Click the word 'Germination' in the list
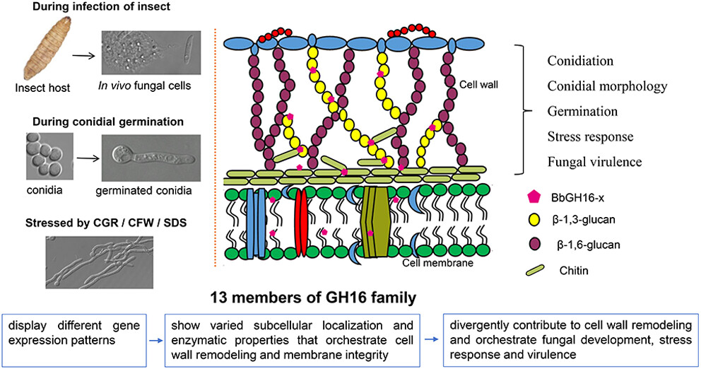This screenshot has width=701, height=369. tap(582, 111)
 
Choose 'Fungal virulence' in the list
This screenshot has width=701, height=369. tap(594, 161)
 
